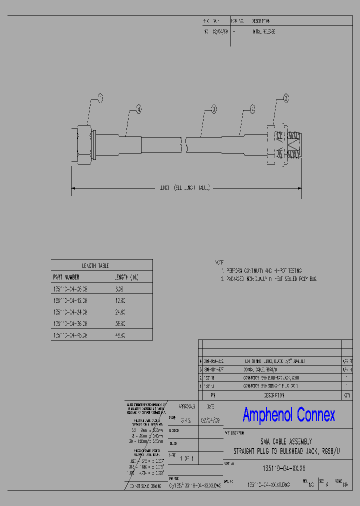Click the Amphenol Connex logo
[x=288, y=414]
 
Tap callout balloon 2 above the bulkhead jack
[x=286, y=98]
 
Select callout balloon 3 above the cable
[x=213, y=108]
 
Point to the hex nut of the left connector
[x=82, y=145]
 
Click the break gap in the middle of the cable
[x=183, y=145]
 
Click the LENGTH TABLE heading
[x=95, y=265]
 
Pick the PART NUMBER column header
[x=66, y=276]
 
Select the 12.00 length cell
[x=120, y=300]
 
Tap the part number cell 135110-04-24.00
[x=70, y=312]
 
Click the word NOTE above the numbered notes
[x=219, y=262]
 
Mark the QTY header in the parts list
[x=346, y=395]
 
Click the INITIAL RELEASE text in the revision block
[x=263, y=31]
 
